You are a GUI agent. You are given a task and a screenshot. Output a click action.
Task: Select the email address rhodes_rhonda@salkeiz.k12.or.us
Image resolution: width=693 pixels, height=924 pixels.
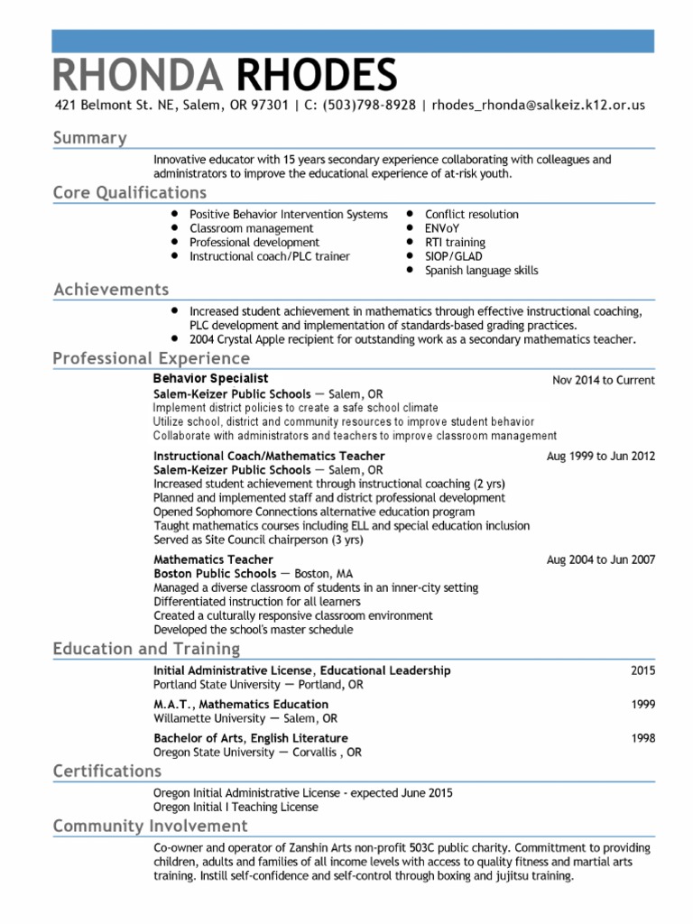point(539,106)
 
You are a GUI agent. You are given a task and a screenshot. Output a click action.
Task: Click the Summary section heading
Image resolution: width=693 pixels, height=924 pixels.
point(89,138)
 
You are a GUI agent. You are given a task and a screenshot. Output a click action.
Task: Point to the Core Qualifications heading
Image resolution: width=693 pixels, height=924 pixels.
point(129,192)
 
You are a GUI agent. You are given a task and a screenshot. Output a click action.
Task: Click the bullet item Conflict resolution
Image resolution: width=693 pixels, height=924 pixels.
point(471,215)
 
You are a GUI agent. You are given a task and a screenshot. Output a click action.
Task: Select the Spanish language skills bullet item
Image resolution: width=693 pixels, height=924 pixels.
point(482,271)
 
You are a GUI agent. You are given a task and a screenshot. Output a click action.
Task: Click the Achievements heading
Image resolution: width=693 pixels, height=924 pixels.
point(111,290)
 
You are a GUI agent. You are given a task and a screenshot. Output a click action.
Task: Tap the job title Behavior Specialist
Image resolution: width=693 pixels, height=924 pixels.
point(210,379)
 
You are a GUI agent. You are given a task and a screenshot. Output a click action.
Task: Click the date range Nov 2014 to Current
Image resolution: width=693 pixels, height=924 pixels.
point(603,381)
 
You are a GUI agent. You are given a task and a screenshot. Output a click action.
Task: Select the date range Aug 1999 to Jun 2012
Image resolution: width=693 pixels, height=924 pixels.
point(601,457)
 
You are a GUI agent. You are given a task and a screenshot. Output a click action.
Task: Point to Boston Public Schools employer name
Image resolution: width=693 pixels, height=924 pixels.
point(215,574)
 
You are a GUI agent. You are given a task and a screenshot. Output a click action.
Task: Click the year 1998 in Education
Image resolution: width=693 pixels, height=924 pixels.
point(642,738)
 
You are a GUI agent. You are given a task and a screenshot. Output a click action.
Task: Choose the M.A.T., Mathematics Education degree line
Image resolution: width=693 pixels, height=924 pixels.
point(241,704)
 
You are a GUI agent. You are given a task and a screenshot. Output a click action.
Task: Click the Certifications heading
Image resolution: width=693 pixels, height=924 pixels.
point(106,771)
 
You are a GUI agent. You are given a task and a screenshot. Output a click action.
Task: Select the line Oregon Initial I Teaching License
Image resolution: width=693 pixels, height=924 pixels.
point(236,807)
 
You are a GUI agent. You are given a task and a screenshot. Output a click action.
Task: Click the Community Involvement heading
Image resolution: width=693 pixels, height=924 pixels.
point(150,826)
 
